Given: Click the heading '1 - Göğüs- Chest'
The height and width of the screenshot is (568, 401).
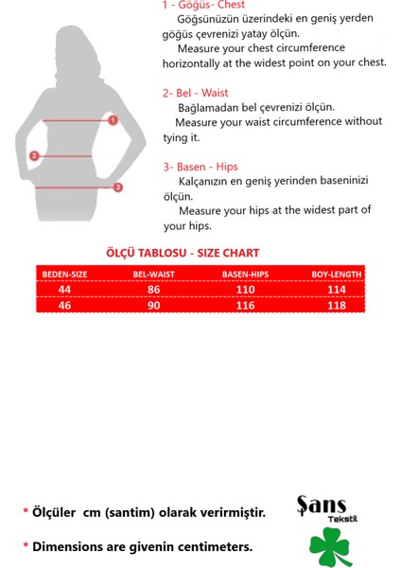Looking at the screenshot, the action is tap(203, 6).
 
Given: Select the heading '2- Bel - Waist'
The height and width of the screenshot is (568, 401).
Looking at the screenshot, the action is tap(195, 93).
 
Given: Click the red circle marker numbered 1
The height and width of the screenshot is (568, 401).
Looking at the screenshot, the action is tap(113, 120).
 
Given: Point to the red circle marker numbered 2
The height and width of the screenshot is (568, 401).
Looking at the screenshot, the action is tap(34, 155).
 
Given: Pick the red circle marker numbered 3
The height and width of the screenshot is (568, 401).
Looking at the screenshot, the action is tap(117, 187).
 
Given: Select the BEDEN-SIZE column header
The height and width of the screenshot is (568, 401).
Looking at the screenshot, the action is tap(64, 275).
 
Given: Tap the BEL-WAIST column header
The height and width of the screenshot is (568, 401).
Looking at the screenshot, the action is tap(153, 275).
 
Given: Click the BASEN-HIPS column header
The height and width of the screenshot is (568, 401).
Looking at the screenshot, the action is tap(246, 275).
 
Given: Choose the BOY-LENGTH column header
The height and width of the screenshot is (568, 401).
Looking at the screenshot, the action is tap(337, 275).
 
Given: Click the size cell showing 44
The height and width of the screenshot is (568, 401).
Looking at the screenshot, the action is tap(64, 289).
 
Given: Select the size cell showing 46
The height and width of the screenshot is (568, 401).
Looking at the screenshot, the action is tap(64, 306).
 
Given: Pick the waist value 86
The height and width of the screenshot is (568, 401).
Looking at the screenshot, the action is tap(153, 289).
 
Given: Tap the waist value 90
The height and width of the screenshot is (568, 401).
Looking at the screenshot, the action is tap(153, 306).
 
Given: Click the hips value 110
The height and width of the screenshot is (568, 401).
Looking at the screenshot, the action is tap(246, 289).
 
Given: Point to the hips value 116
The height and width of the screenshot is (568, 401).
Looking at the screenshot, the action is tap(246, 306).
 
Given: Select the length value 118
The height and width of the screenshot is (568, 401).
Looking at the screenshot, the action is tap(337, 306).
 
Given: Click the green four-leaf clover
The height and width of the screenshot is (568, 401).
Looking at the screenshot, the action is tap(329, 547).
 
